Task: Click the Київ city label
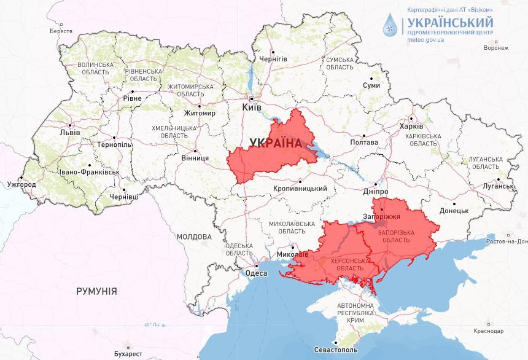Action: [x=252, y=107]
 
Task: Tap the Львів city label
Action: [x=65, y=133]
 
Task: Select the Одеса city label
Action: [x=256, y=273]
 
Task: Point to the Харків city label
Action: [x=411, y=126]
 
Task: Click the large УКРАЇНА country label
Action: [x=276, y=143]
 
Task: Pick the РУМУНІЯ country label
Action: [x=96, y=291]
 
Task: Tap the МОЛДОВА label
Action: [x=194, y=236]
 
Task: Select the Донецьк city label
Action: [x=454, y=210]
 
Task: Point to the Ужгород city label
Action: [x=21, y=184]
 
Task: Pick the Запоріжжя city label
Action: [x=386, y=217]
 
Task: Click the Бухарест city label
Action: [x=128, y=354]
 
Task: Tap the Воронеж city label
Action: [x=495, y=48]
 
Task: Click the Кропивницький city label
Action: [x=300, y=189]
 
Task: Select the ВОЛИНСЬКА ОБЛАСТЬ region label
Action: [x=95, y=68]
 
